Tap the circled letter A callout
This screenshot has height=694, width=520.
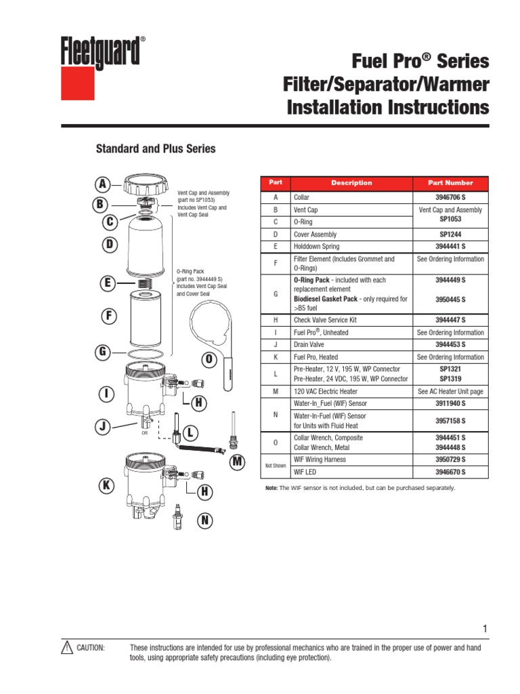pos(102,184)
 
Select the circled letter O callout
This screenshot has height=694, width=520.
pos(209,358)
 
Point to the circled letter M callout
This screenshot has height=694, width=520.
pos(236,462)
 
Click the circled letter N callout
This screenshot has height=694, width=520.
pos(204,520)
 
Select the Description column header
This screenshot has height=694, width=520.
pos(351,183)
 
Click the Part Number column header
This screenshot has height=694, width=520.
pos(450,183)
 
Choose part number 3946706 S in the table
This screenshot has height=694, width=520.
pos(450,197)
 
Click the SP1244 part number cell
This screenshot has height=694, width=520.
pos(450,234)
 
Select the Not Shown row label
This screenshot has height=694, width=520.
pos(275,466)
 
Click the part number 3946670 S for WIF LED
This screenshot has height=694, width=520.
pos(450,472)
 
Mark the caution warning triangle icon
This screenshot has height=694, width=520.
pos(66,648)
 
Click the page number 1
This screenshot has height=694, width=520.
pos(485,629)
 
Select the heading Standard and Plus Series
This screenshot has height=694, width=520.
pos(155,148)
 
